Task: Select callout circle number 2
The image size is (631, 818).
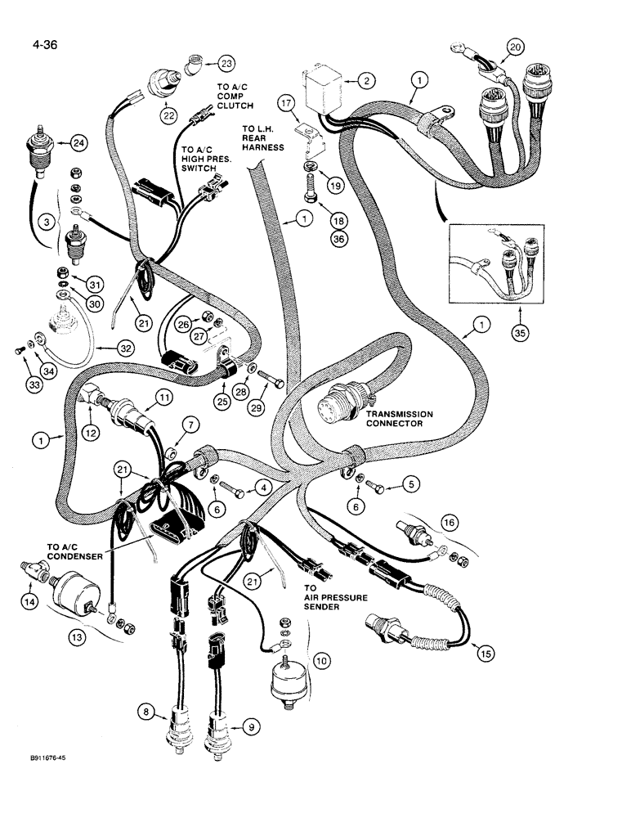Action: [367, 80]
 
